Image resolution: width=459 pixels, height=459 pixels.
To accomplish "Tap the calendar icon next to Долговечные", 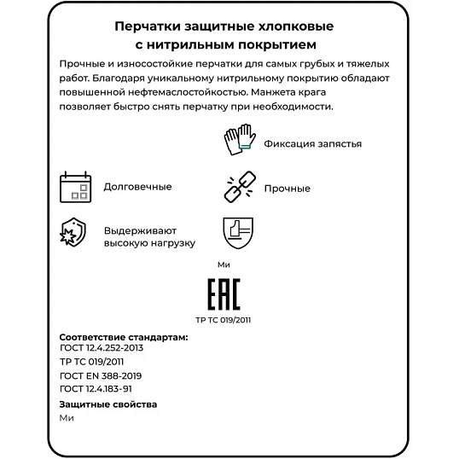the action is pyautogui.click(x=74, y=187).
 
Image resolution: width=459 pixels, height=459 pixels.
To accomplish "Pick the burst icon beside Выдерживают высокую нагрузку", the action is pyautogui.click(x=73, y=233).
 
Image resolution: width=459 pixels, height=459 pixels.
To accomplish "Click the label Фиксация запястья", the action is pyautogui.click(x=312, y=143).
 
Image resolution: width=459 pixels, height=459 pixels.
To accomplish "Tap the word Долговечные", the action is pyautogui.click(x=137, y=187).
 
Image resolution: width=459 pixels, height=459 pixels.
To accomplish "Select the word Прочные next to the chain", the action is pyautogui.click(x=287, y=189).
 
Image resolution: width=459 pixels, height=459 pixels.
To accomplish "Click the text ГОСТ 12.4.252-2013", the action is pyautogui.click(x=102, y=348).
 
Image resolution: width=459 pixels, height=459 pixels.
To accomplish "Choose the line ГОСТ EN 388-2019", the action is pyautogui.click(x=101, y=375).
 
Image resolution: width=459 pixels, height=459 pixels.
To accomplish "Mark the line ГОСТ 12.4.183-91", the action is pyautogui.click(x=96, y=388).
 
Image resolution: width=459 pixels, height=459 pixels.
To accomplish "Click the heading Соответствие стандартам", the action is pyautogui.click(x=123, y=337).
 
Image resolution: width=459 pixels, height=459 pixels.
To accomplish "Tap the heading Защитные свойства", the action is pyautogui.click(x=108, y=404).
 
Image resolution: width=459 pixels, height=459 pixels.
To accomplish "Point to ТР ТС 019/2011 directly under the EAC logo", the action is pyautogui.click(x=224, y=320).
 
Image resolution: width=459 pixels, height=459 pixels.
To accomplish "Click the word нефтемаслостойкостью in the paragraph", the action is pyautogui.click(x=184, y=92).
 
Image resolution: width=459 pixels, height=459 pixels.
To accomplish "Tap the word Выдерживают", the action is pyautogui.click(x=140, y=230).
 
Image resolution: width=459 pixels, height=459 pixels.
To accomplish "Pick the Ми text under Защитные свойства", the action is pyautogui.click(x=67, y=418).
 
